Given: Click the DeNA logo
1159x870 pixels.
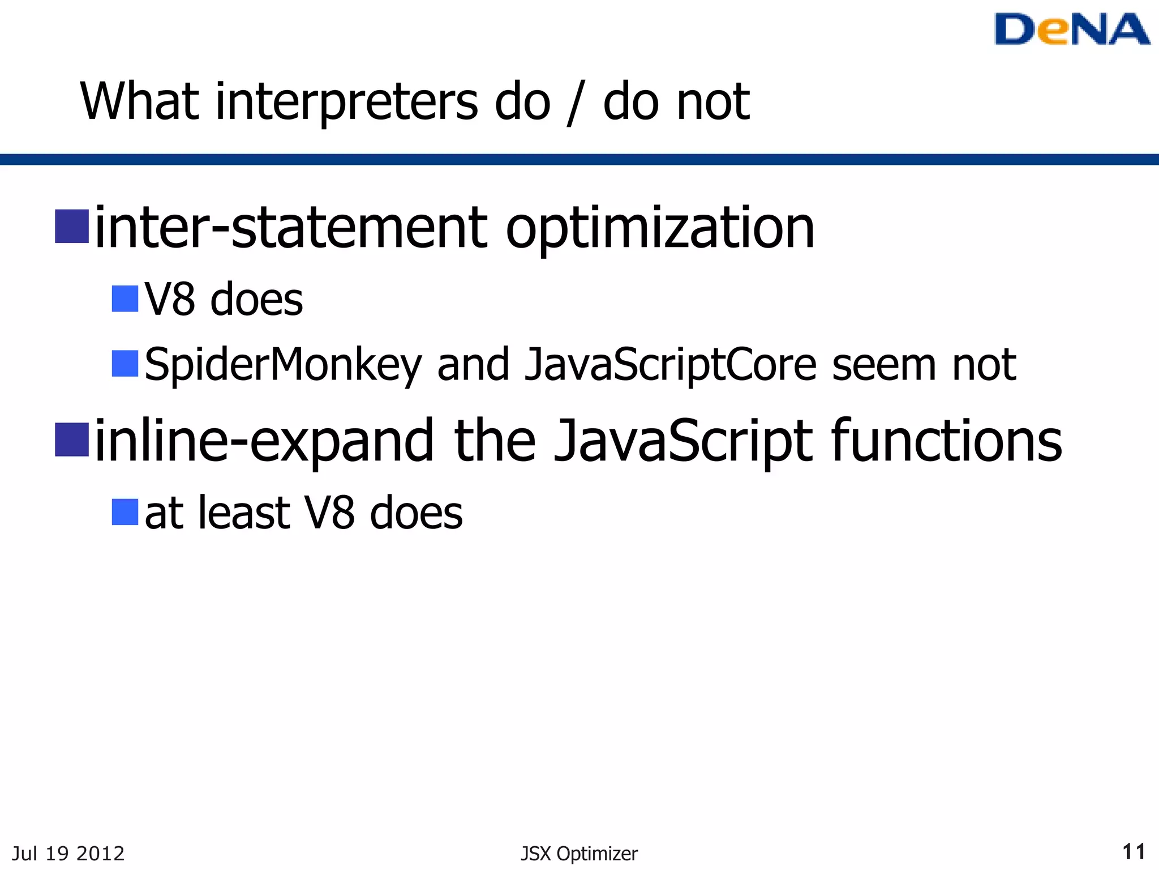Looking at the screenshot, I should coord(1072,29).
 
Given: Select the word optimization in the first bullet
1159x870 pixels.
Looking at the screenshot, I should coord(660,229).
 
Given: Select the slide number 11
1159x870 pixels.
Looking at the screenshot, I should coord(1134,852).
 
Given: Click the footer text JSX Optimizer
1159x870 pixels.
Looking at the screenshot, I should coord(579,854).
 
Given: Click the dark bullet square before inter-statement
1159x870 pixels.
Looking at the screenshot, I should coord(72,227).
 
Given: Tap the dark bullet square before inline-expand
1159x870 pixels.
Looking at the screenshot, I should coord(72,440).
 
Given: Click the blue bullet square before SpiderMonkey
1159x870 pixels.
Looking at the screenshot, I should coord(125,364).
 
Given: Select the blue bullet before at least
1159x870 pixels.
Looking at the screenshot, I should coord(125,512).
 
